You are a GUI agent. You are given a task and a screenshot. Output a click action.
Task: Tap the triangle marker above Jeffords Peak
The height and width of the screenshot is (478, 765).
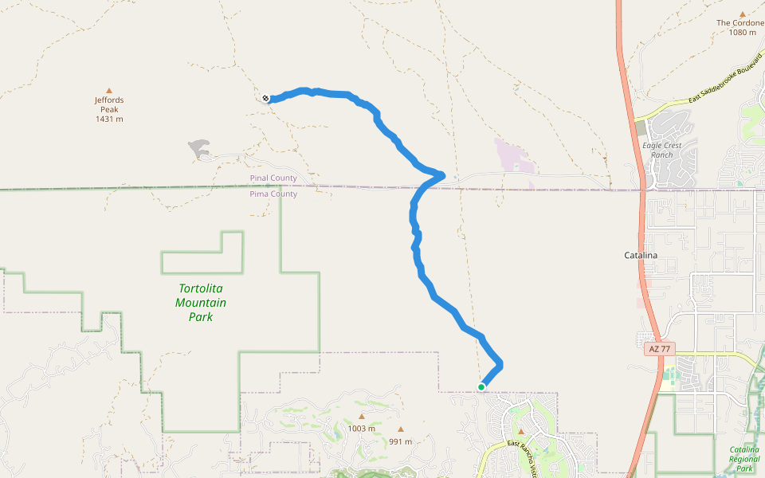pos(109,90)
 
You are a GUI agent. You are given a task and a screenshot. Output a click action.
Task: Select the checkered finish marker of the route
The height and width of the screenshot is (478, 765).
pos(265,99)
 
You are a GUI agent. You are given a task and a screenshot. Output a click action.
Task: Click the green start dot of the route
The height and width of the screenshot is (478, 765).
pos(481,387)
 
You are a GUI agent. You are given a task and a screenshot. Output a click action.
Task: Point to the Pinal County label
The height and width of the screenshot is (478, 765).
pos(273,178)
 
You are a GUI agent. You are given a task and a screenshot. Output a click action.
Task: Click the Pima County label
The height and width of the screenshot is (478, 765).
pos(273,194)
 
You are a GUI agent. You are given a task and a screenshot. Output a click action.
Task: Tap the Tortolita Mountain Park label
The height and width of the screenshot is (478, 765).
pos(201,303)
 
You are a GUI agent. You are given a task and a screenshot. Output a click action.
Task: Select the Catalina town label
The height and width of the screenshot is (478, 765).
pos(640,255)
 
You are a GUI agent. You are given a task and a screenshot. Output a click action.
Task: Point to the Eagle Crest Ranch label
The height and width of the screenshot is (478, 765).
pos(661,150)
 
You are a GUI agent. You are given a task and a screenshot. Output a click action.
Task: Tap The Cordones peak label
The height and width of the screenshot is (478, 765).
pos(740,23)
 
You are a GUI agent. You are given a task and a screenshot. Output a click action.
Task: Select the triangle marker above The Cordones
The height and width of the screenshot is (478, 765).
pos(742,14)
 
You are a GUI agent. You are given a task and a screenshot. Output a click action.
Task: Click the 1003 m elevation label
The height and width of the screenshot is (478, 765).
pos(361,429)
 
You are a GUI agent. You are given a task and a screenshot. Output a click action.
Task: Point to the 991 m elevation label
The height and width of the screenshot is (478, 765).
pos(401,441)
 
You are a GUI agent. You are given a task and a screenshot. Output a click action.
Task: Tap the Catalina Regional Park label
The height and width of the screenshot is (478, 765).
pos(744,459)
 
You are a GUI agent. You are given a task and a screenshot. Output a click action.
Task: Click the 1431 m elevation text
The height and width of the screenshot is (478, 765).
pos(109,119)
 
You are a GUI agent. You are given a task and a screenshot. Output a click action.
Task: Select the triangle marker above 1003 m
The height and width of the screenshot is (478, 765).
pos(361,417)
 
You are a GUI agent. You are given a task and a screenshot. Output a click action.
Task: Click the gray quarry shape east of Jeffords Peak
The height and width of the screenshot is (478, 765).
pos(199,147)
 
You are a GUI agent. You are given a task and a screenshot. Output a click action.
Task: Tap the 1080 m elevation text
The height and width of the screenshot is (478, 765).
pos(741,33)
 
